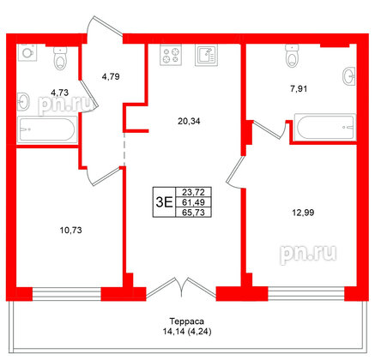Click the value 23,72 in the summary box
coord(194,192)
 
